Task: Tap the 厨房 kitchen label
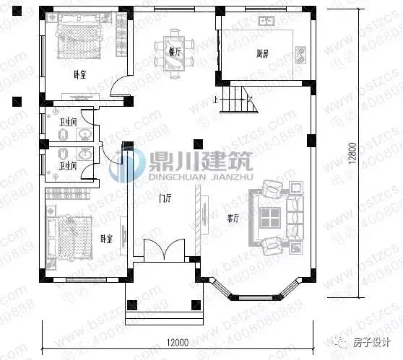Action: (x=262, y=53)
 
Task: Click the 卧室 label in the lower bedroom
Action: (x=106, y=238)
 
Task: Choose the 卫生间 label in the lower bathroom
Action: (x=68, y=165)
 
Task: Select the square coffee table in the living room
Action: (x=272, y=217)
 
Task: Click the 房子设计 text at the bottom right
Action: (x=373, y=343)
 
